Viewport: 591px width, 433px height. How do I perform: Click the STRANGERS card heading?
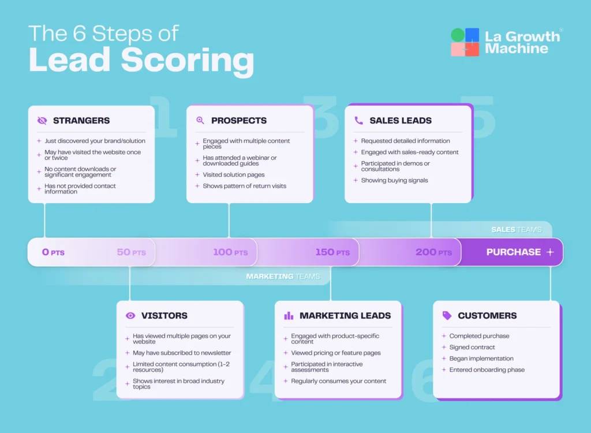point(81,121)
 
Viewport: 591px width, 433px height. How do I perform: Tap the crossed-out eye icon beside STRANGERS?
point(42,121)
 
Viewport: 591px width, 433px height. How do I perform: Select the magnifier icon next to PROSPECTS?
point(200,121)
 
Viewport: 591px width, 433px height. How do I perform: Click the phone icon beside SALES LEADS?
point(358,121)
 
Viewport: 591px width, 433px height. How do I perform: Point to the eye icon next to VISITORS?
point(130,316)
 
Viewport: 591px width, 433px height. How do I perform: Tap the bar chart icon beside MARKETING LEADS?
point(289,316)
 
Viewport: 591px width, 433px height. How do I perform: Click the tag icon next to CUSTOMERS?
point(447,316)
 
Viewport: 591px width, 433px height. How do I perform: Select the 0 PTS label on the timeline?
point(53,252)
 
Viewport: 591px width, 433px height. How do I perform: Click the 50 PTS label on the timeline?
point(131,252)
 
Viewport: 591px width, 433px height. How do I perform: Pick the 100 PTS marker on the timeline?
point(230,252)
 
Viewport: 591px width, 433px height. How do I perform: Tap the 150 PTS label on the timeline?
point(332,252)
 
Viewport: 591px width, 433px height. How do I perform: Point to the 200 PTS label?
point(433,252)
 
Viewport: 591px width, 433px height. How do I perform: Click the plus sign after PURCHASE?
point(549,252)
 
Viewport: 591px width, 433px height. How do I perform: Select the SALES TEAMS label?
point(516,230)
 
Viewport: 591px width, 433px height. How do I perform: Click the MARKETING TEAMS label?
point(283,277)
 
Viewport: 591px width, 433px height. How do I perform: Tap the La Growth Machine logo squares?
point(465,42)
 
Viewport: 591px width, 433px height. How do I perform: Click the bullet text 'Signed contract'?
point(472,348)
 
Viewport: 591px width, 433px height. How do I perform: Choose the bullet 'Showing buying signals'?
point(394,181)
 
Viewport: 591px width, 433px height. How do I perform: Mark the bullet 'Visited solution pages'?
point(233,175)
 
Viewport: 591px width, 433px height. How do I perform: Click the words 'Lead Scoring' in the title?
point(141,60)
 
